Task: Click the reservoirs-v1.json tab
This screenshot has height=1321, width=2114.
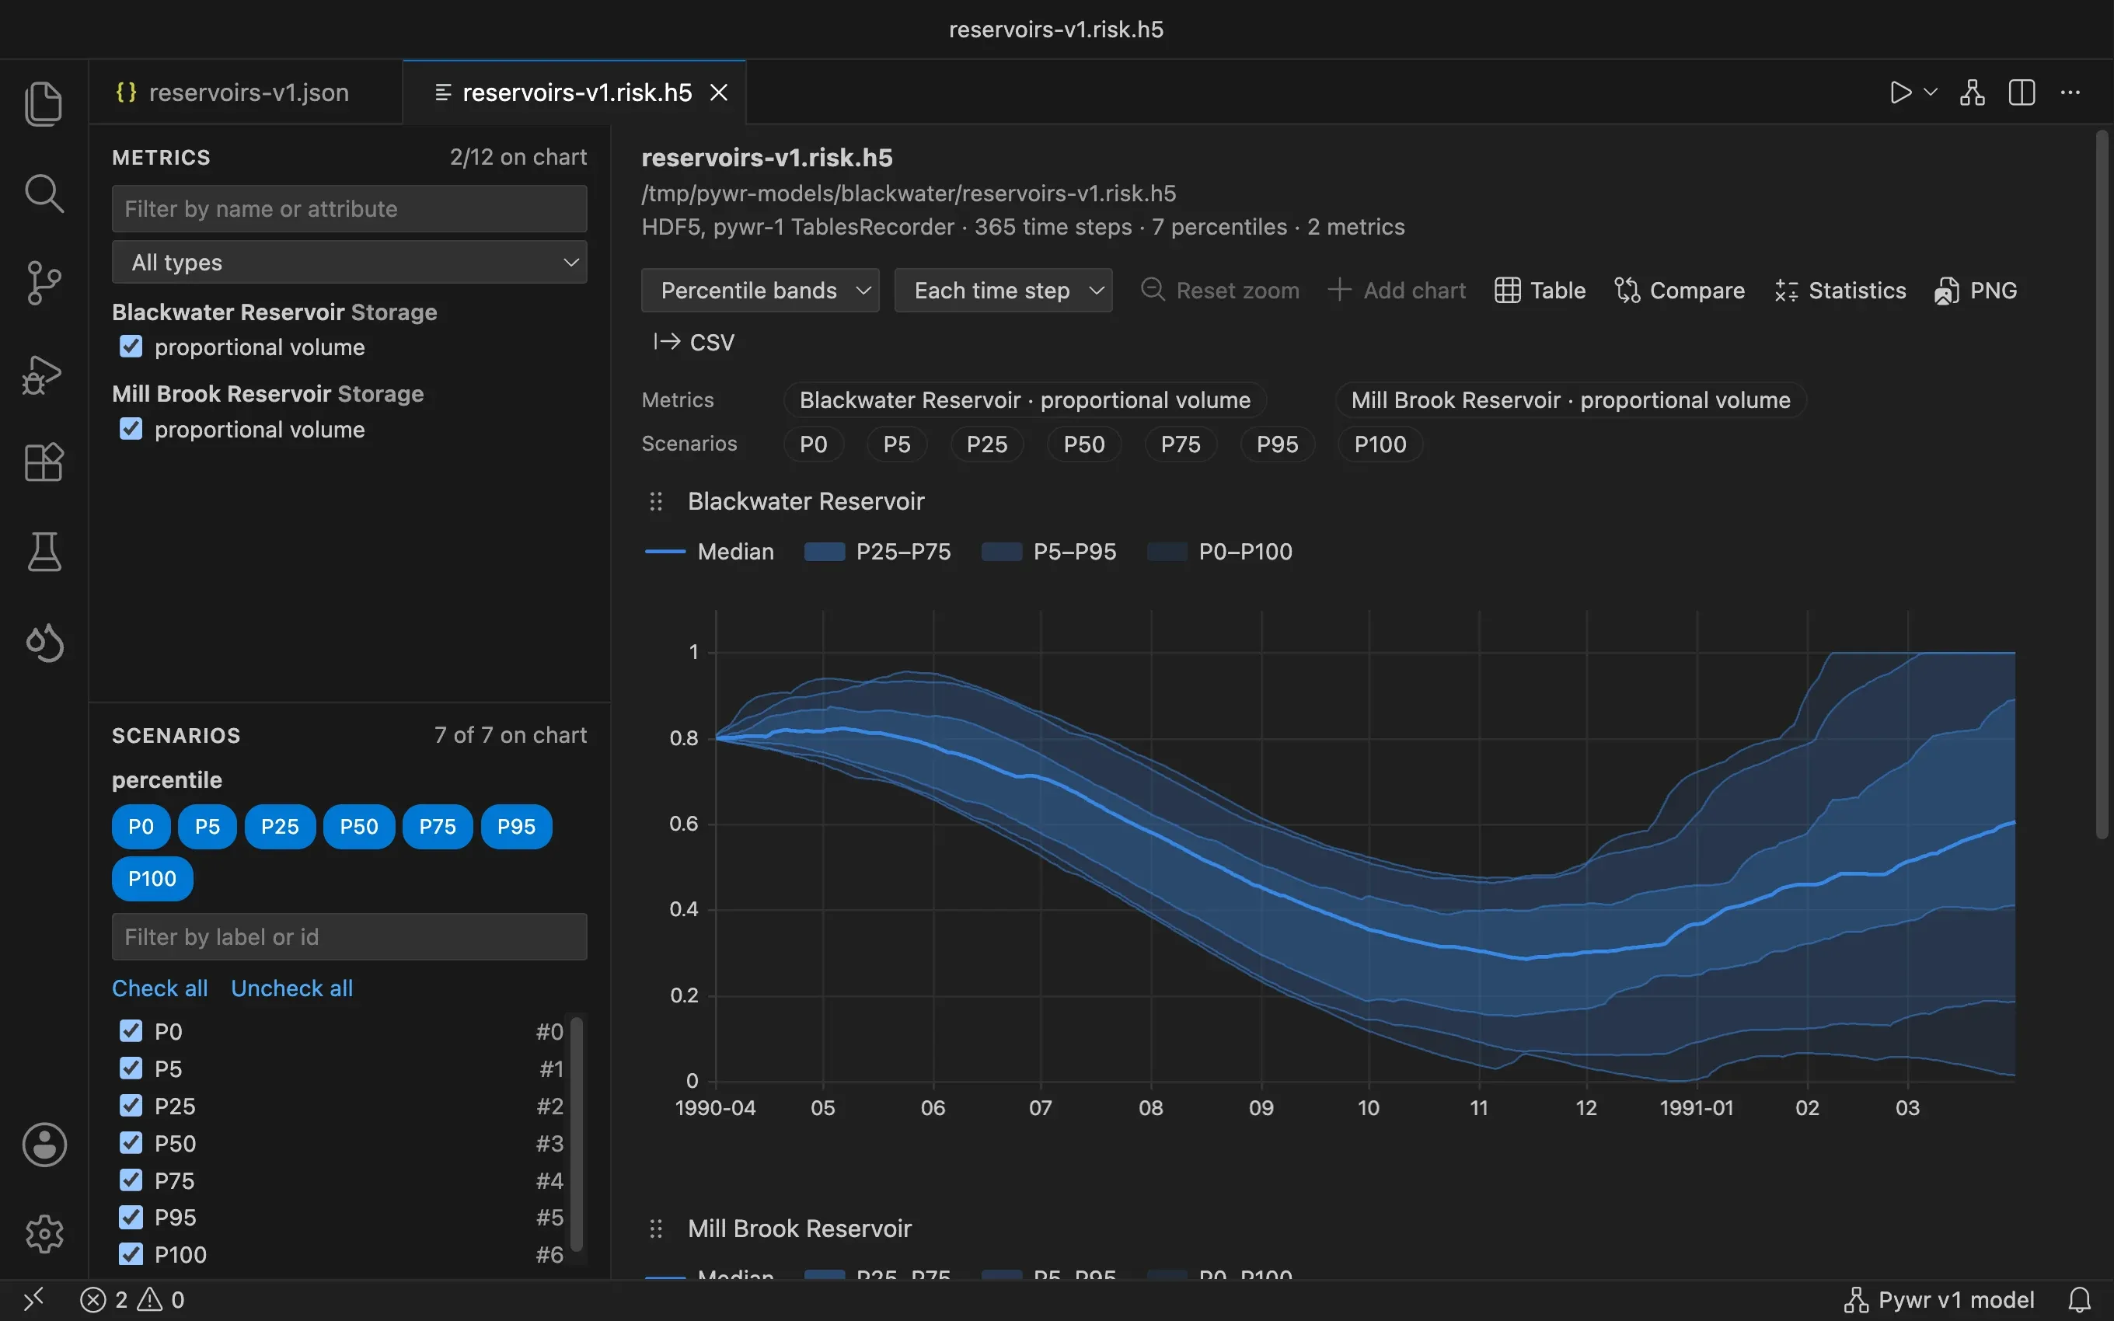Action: tap(232, 92)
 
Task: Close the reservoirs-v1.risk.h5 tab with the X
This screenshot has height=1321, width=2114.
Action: tap(719, 92)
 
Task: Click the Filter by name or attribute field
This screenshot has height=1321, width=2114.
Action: tap(350, 209)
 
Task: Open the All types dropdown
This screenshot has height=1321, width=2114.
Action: tap(350, 262)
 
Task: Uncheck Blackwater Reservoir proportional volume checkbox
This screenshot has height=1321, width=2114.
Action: tap(131, 347)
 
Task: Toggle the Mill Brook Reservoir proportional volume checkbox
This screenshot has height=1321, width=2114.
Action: tap(131, 429)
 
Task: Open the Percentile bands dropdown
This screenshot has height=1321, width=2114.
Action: tap(760, 290)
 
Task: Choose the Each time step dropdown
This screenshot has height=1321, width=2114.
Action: tap(1003, 290)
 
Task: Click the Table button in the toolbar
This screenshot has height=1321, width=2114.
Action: tap(1540, 290)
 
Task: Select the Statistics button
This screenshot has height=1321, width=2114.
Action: tap(1840, 290)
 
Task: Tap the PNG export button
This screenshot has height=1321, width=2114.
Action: tap(1976, 290)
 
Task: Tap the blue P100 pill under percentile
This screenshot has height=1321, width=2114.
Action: tap(152, 878)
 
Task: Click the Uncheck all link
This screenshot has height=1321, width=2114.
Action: tap(291, 988)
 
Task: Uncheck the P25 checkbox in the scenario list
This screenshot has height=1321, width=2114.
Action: tap(131, 1106)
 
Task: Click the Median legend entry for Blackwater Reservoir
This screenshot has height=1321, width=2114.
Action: tap(710, 551)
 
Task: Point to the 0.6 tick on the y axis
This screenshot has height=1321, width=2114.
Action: tap(684, 824)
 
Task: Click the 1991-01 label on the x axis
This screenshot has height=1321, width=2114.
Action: tap(1697, 1108)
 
